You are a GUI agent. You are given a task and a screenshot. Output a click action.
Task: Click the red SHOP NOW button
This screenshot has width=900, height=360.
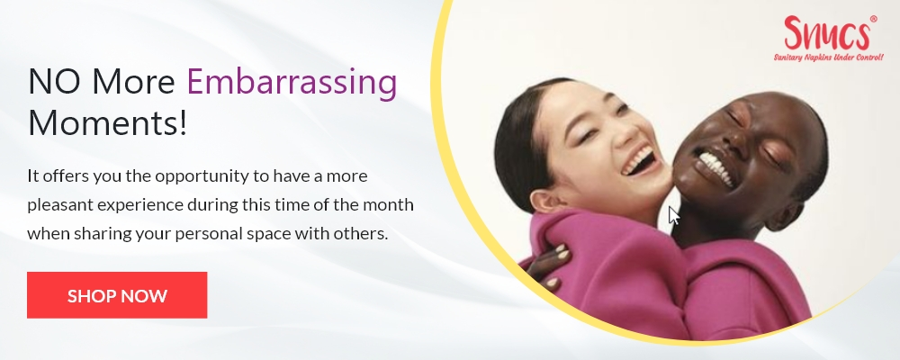click(117, 295)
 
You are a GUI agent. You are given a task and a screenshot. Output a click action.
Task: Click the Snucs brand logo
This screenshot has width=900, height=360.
click(826, 33)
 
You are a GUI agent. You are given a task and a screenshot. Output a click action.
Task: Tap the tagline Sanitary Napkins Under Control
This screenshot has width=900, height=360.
click(828, 58)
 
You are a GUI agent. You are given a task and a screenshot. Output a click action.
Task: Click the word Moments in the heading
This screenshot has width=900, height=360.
click(107, 121)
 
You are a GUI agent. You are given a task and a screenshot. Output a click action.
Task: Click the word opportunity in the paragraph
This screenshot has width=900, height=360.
click(202, 176)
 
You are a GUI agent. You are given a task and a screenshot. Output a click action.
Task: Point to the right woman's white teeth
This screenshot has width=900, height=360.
click(715, 167)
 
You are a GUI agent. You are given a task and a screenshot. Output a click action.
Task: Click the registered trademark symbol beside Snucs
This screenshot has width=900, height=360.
click(874, 19)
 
